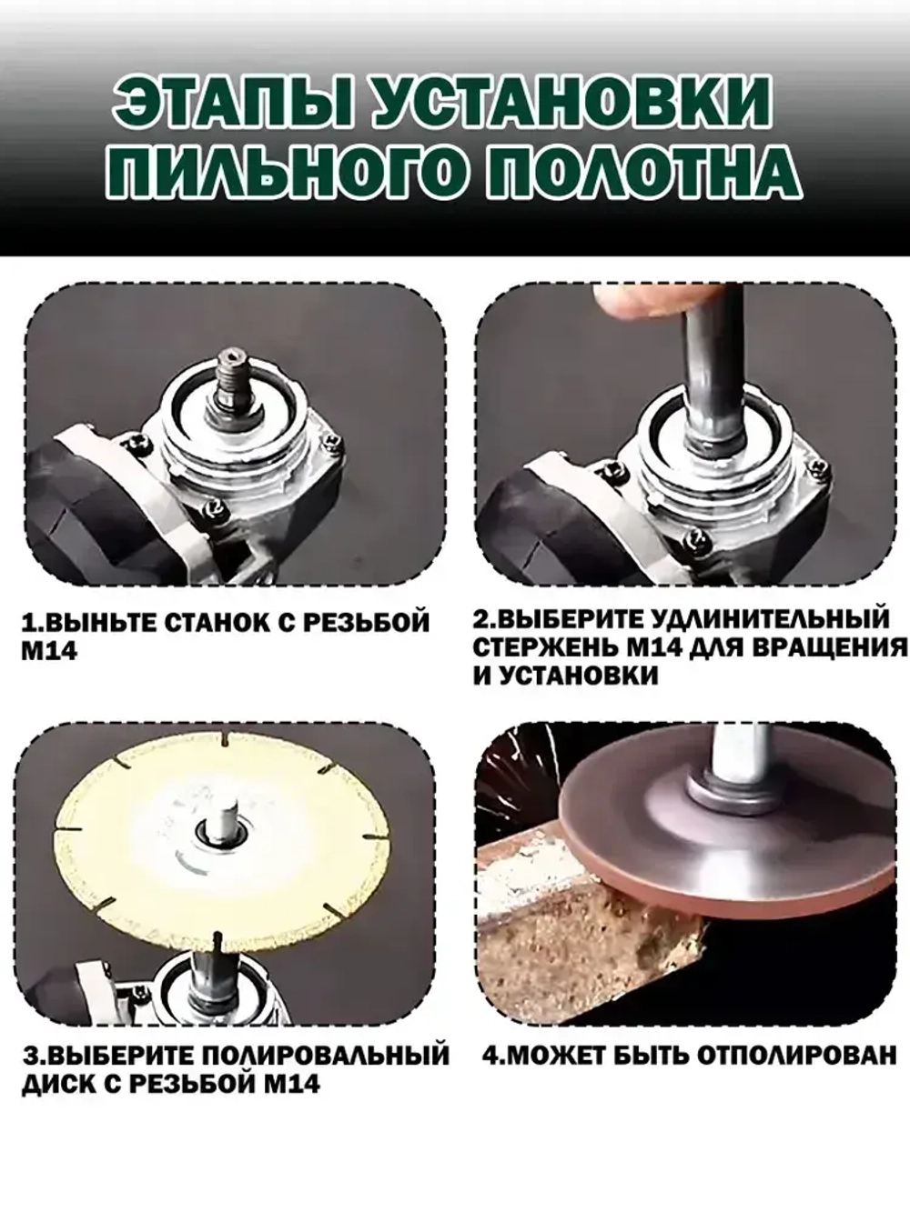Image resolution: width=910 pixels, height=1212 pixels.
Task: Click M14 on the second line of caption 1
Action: (x=50, y=652)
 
